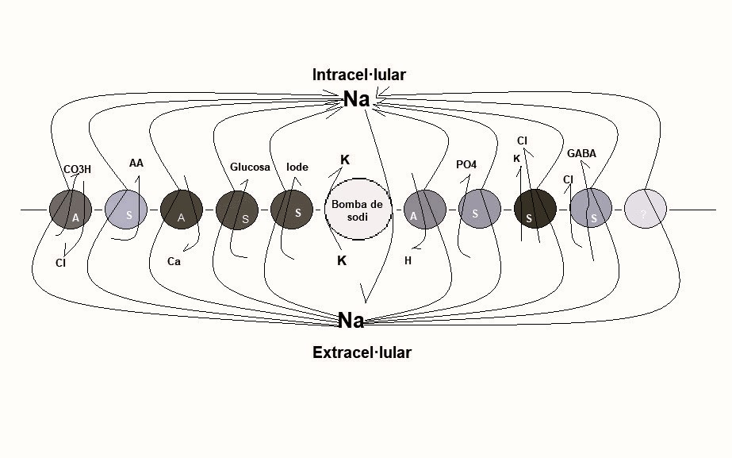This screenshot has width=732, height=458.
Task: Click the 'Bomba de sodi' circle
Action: point(358,210)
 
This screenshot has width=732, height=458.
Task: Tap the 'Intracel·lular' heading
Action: point(359,75)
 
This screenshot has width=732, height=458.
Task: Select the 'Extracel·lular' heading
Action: point(362,352)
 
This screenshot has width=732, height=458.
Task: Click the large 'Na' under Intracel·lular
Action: point(357,99)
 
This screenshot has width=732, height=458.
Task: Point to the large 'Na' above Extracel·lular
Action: point(351,321)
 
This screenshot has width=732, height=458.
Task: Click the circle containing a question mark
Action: point(646,210)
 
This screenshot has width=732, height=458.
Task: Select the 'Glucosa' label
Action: point(250,167)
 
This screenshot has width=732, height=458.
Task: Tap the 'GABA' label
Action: point(581,153)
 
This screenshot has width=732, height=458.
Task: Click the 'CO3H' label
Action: point(77,169)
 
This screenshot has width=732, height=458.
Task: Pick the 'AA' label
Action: point(136,163)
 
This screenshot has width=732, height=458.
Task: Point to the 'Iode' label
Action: point(297,167)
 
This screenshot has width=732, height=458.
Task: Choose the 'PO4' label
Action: point(466,164)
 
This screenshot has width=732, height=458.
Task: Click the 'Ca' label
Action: point(174,261)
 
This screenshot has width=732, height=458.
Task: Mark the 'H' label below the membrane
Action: point(408,261)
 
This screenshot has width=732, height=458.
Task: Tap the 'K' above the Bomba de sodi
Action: point(345,160)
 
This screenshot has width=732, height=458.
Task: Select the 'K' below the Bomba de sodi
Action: point(342,261)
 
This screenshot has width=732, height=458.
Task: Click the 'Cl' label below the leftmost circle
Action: point(61,263)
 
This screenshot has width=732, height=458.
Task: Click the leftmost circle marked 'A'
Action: point(71,210)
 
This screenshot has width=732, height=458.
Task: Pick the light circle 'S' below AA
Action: point(126,210)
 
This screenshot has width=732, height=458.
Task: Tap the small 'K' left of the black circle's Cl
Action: point(516,159)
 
